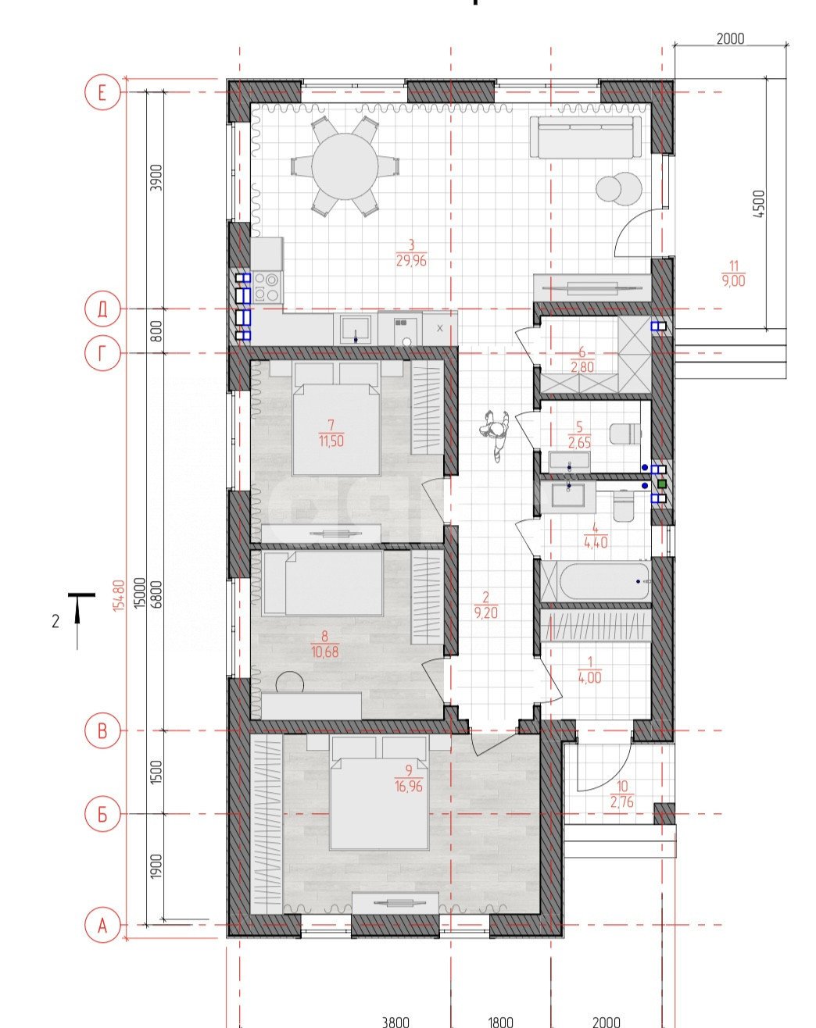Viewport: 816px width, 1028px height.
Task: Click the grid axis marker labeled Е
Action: (x=101, y=94)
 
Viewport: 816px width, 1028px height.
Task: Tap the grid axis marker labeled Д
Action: (x=101, y=310)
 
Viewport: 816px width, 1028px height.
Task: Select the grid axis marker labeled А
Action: (x=101, y=926)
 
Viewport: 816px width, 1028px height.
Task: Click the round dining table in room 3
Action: (x=344, y=166)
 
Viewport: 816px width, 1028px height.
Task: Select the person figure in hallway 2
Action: (x=495, y=434)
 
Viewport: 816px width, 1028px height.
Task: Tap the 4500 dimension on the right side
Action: (x=759, y=205)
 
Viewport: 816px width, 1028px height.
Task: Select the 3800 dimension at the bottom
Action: (x=395, y=1021)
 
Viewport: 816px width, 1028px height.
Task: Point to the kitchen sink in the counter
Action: (x=356, y=328)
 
